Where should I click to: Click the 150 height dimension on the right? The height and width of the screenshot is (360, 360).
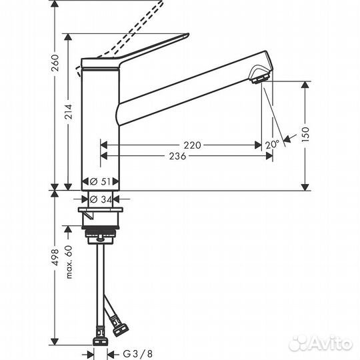(306, 133)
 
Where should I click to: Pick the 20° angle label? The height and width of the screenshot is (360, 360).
(271, 144)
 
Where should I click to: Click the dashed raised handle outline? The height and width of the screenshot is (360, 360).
(130, 30)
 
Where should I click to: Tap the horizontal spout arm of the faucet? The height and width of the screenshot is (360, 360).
(187, 91)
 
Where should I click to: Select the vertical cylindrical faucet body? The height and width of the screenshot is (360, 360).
(99, 127)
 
